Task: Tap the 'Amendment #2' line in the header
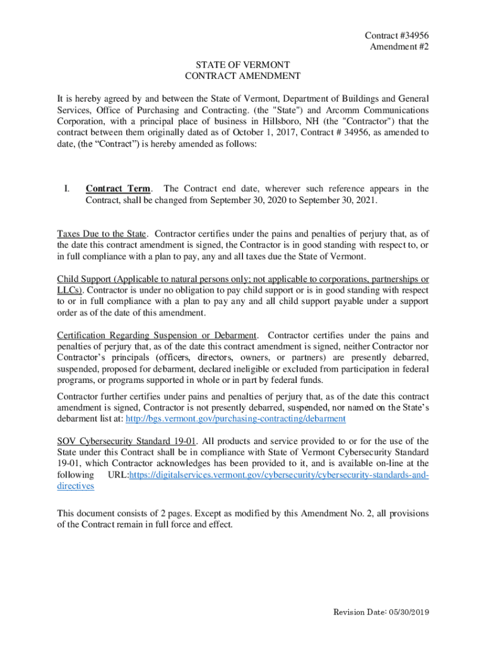tap(399, 47)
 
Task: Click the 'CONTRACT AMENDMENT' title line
tap(242, 76)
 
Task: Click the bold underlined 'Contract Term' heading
tap(118, 189)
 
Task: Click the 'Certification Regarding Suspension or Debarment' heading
tap(157, 335)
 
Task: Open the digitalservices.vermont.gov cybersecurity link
tap(278, 475)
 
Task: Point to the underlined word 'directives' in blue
tap(76, 486)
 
